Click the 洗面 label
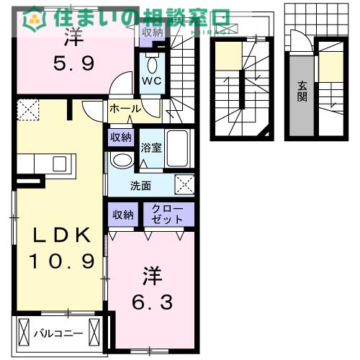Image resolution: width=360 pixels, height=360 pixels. pos(140,185)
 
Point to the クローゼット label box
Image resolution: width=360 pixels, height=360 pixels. pos(169,214)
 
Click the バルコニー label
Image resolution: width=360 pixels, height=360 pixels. pos(59,333)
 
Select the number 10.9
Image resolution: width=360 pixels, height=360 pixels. pos(61,260)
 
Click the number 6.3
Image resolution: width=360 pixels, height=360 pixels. pos(152,302)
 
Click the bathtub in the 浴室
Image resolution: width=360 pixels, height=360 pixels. pos(177,149)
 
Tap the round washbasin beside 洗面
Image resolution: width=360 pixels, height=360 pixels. pos(122,159)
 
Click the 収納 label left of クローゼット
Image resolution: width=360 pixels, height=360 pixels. pos(122,214)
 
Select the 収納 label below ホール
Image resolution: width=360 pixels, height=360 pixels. pos(121,137)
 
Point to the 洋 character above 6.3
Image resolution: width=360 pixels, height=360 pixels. pos(151,275)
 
